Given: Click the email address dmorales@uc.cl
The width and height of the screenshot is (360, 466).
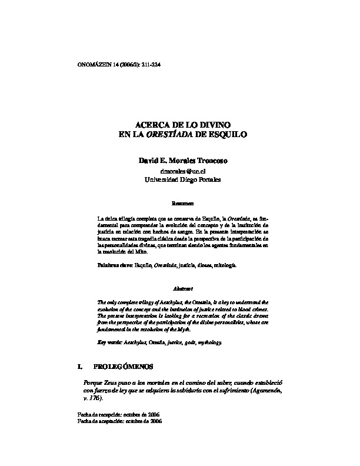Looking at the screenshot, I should (x=179, y=171).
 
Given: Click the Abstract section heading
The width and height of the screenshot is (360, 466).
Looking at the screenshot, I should (x=179, y=289).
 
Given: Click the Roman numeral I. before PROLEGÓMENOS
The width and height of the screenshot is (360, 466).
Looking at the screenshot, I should (x=81, y=367).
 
